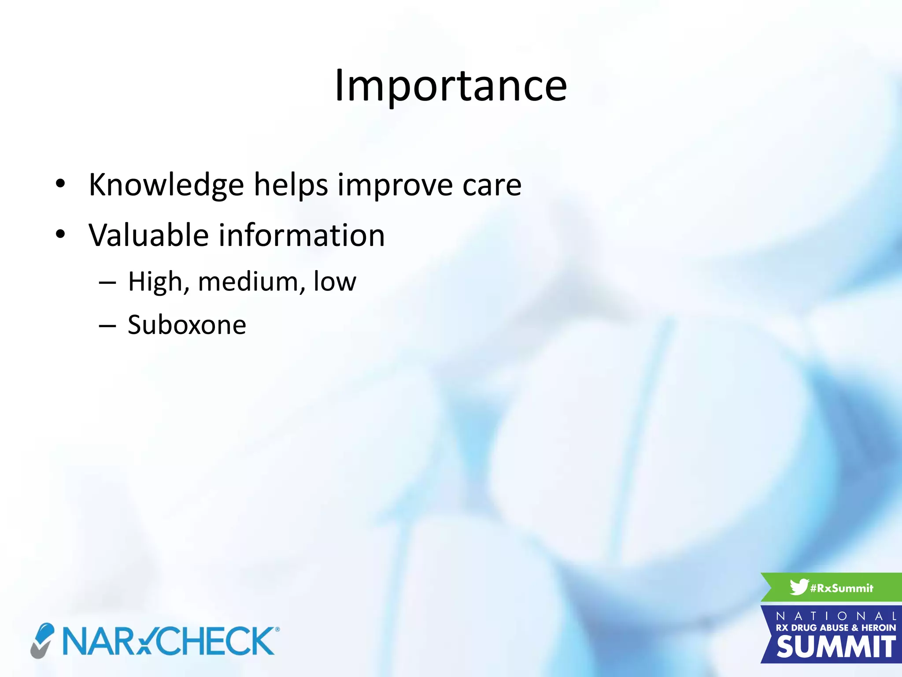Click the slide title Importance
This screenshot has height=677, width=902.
[451, 86]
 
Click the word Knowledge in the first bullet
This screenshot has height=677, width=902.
[166, 185]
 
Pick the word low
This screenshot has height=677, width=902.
[335, 282]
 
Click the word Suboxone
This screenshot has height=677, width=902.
[187, 325]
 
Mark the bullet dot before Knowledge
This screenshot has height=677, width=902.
[60, 184]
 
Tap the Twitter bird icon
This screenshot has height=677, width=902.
[799, 587]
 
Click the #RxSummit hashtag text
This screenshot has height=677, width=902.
[842, 588]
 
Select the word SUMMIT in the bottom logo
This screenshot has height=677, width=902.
[835, 647]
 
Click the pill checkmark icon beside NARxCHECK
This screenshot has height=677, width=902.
[42, 640]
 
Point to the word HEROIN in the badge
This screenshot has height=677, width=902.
[878, 628]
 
